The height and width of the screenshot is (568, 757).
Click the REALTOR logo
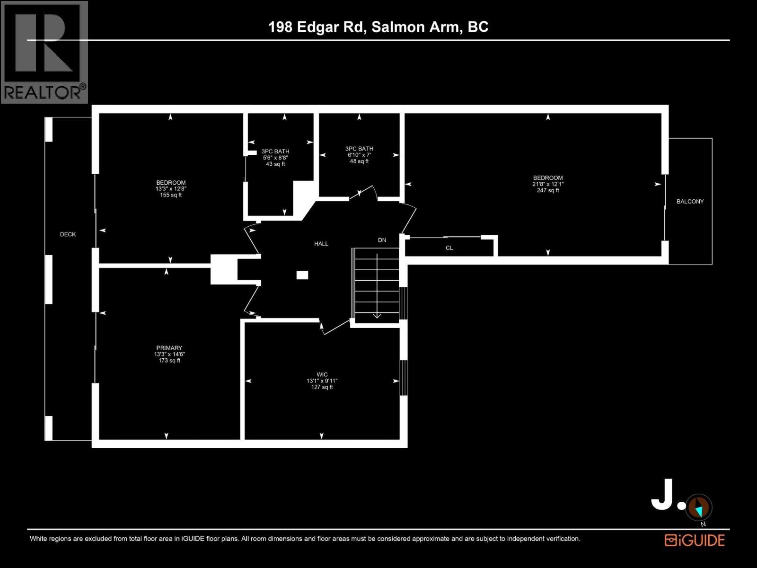point(44,52)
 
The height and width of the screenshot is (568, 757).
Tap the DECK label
point(68,234)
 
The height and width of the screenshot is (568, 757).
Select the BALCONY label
point(690,202)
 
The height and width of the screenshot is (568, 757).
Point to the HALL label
point(321,244)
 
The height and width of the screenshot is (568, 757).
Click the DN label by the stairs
point(382,240)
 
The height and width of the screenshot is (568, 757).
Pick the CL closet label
point(449,248)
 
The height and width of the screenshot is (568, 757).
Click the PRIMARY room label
point(169,348)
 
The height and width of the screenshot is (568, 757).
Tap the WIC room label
point(322,374)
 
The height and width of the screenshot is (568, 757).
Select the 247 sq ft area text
point(548,191)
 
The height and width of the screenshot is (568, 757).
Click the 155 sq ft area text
point(171,195)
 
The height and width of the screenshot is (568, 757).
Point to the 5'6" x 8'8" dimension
point(275,158)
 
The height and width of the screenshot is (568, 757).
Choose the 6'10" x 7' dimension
point(359,155)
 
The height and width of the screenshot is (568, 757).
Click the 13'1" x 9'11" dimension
point(322,381)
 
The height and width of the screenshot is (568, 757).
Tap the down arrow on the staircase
point(377,315)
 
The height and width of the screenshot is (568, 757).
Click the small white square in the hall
point(302,275)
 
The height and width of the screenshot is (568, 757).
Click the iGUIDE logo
point(695,540)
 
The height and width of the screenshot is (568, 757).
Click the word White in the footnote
point(40,539)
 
